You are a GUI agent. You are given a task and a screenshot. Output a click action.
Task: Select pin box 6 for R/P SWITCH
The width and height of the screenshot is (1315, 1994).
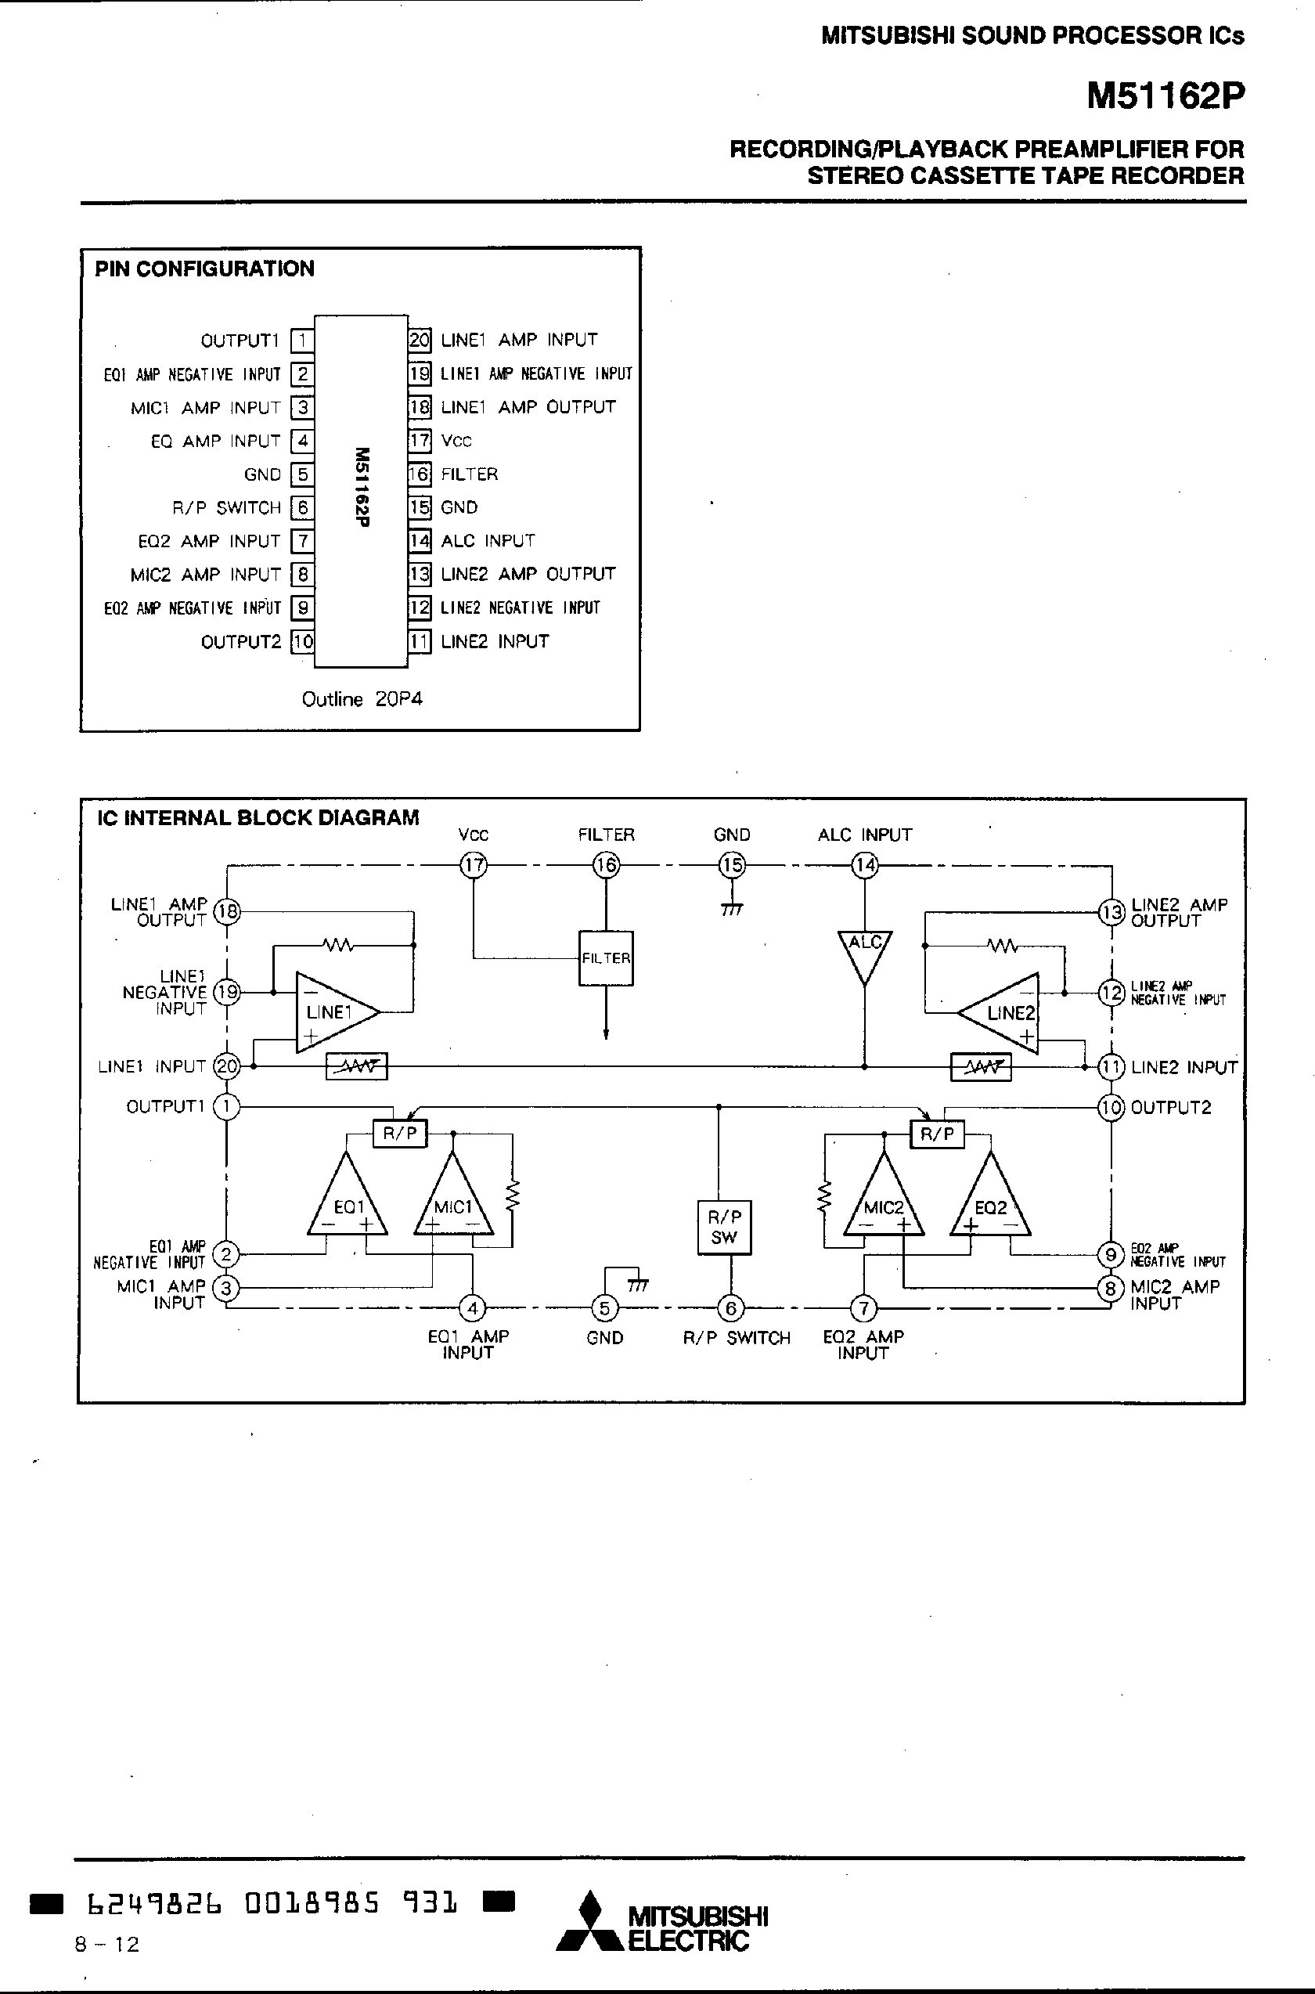tap(302, 507)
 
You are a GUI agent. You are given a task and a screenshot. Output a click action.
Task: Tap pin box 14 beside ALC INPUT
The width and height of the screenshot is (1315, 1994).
tap(420, 541)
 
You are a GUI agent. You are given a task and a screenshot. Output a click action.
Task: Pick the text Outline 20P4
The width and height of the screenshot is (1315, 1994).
tap(362, 699)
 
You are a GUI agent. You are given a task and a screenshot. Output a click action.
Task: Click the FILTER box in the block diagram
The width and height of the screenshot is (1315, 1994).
tap(606, 958)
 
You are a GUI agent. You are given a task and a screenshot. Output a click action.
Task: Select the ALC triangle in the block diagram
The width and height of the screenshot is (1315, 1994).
tap(864, 953)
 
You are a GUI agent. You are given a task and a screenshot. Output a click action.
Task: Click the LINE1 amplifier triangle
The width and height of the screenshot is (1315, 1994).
tap(330, 1011)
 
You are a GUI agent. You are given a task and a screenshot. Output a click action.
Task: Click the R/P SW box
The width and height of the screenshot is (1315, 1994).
tap(724, 1228)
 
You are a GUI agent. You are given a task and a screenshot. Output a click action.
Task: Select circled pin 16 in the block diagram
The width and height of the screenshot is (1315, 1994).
tap(606, 864)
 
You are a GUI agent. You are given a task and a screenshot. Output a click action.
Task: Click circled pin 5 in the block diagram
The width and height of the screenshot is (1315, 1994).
tap(603, 1307)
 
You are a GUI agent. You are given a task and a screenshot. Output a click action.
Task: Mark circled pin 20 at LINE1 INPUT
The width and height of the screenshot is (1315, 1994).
tap(227, 1066)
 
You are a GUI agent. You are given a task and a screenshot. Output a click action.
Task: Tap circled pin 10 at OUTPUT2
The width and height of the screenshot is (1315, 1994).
tap(1111, 1107)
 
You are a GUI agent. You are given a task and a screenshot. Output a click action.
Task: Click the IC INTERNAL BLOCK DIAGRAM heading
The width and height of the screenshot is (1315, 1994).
tap(258, 818)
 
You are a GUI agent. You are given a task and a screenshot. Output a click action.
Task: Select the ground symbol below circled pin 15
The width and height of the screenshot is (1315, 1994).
tap(731, 907)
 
